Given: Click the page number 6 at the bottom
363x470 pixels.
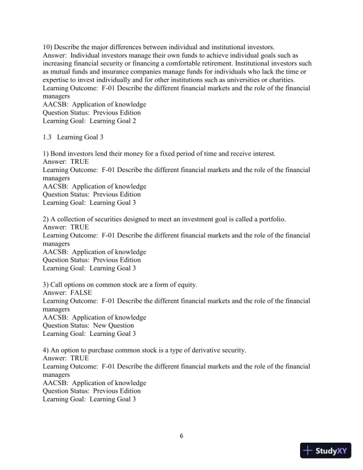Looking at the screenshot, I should [x=181, y=436].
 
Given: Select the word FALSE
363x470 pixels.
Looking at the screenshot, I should [x=81, y=293].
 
